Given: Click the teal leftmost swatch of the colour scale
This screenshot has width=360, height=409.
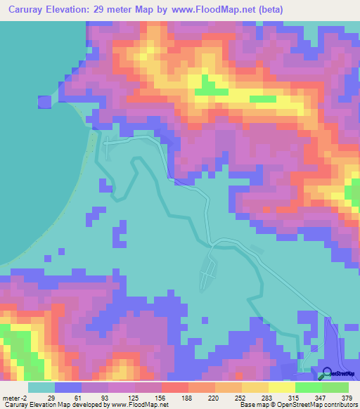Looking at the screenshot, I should click(41, 388).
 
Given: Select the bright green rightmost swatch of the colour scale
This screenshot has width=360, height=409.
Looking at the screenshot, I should click(335, 388).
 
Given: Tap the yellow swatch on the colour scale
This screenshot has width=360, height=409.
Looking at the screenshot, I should click(282, 388).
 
